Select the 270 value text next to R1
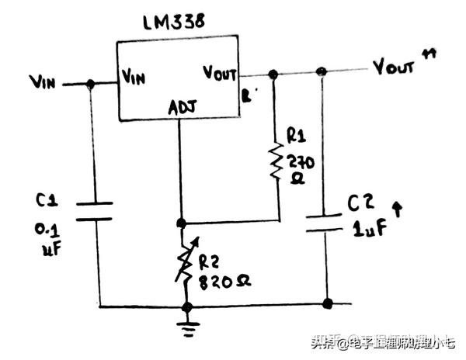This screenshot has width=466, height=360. (x=298, y=161)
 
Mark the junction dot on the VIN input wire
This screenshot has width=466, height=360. (x=91, y=84)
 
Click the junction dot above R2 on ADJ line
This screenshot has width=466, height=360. (x=181, y=223)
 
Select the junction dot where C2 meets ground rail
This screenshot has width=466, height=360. (x=327, y=303)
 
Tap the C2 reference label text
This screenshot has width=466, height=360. (x=360, y=204)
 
